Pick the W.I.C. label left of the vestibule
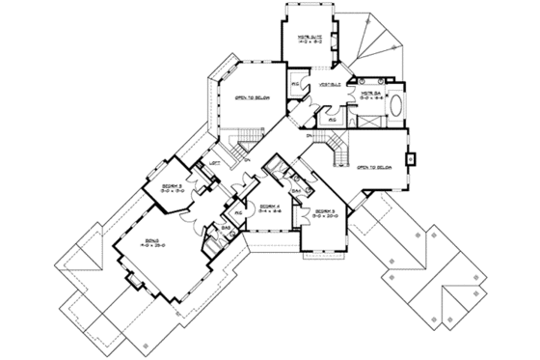[299, 85]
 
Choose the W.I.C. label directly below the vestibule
[333, 121]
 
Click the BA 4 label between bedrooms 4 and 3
[299, 192]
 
